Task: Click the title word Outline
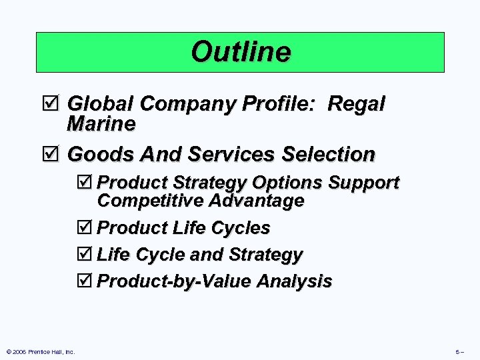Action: [x=241, y=52]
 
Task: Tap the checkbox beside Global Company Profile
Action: [x=56, y=104]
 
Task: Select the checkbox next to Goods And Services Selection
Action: [x=56, y=155]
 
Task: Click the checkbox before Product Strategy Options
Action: [x=87, y=183]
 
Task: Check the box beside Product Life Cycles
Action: [x=87, y=228]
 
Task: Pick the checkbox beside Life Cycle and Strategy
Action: [x=87, y=255]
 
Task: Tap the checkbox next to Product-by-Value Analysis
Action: [x=87, y=281]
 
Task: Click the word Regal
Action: [x=357, y=104]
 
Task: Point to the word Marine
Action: [x=101, y=124]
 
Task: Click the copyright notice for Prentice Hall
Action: [x=40, y=352]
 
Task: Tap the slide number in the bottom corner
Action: [x=460, y=352]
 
